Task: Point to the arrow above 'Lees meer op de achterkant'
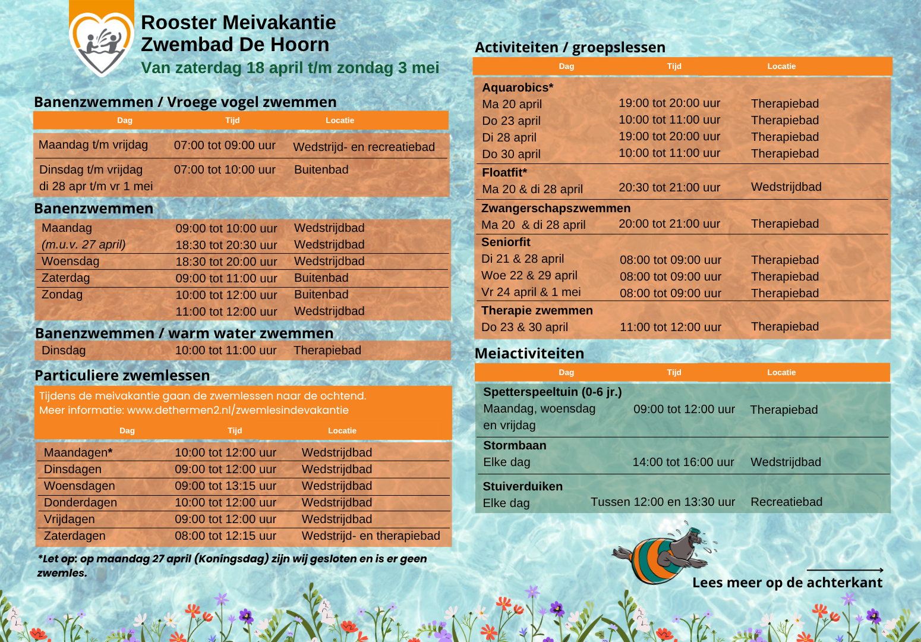coord(844,570)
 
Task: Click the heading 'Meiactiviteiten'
coord(529,354)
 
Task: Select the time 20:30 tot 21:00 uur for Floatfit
coord(669,188)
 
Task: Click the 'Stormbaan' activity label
coord(515,445)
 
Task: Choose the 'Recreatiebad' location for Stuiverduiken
coord(786,502)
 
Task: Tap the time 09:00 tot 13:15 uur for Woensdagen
coord(225,486)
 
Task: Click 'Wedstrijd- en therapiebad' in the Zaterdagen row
coord(371,536)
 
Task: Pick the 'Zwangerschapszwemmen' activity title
coord(556,208)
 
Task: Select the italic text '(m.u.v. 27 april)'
coord(84,245)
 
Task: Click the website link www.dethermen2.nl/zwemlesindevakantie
coord(238,410)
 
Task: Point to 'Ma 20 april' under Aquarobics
coord(512,105)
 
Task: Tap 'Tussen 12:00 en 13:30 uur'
coord(663,502)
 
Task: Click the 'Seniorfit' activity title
coord(506,243)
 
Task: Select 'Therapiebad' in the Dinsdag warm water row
coord(327,351)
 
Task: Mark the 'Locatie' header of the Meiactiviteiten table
coord(781,373)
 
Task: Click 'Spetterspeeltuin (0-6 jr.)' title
coord(552,392)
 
